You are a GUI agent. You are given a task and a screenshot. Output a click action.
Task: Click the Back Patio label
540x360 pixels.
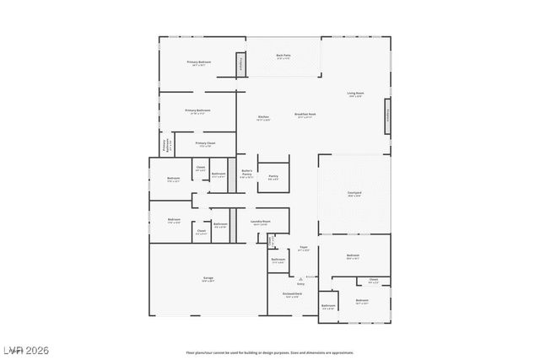click(283, 57)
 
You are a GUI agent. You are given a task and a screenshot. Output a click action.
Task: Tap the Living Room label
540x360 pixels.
click(355, 94)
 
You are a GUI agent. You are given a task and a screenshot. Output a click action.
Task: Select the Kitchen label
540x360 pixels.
click(263, 118)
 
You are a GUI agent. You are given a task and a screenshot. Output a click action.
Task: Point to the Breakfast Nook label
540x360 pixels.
click(305, 116)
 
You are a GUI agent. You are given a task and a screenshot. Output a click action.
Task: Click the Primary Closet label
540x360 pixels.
click(205, 144)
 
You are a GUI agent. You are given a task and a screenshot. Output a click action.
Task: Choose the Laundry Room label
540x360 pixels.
click(260, 223)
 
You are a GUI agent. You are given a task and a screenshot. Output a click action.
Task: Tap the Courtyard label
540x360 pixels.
click(354, 194)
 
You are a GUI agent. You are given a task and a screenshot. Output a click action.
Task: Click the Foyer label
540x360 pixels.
click(304, 249)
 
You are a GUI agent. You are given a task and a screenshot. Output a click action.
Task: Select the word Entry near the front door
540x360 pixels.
click(300, 284)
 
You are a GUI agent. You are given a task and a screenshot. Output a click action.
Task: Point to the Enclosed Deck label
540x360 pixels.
click(291, 295)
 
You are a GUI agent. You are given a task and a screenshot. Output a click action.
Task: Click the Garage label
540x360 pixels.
click(208, 279)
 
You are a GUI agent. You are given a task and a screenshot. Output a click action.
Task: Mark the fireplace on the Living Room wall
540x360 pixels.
click(388, 116)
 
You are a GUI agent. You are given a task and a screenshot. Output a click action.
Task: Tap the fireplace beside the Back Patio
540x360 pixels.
click(240, 64)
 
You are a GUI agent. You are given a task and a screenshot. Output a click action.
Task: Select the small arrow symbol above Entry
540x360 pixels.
click(299, 277)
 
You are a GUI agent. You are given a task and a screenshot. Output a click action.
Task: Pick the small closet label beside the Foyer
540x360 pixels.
click(271, 242)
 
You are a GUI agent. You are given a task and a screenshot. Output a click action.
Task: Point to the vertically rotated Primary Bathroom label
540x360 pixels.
click(167, 145)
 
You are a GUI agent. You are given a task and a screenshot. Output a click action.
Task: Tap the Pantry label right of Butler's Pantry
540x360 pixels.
click(273, 178)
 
